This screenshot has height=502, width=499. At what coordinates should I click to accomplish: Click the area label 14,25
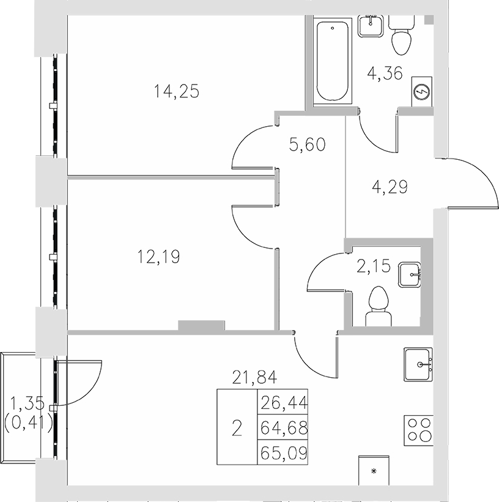pyautogui.click(x=177, y=92)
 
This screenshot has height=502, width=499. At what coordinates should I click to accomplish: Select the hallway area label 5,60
pyautogui.click(x=306, y=144)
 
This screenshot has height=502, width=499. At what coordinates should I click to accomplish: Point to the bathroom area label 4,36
pyautogui.click(x=384, y=74)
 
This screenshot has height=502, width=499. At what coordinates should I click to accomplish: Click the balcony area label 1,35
pyautogui.click(x=27, y=403)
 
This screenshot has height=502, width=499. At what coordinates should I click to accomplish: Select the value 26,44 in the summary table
pyautogui.click(x=283, y=402)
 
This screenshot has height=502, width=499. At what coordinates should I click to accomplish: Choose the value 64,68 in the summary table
pyautogui.click(x=283, y=428)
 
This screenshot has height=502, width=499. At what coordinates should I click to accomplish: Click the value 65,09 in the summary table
pyautogui.click(x=283, y=454)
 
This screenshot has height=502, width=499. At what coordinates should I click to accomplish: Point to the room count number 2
pyautogui.click(x=237, y=428)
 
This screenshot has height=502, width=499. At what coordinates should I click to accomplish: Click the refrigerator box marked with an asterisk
pyautogui.click(x=374, y=470)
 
